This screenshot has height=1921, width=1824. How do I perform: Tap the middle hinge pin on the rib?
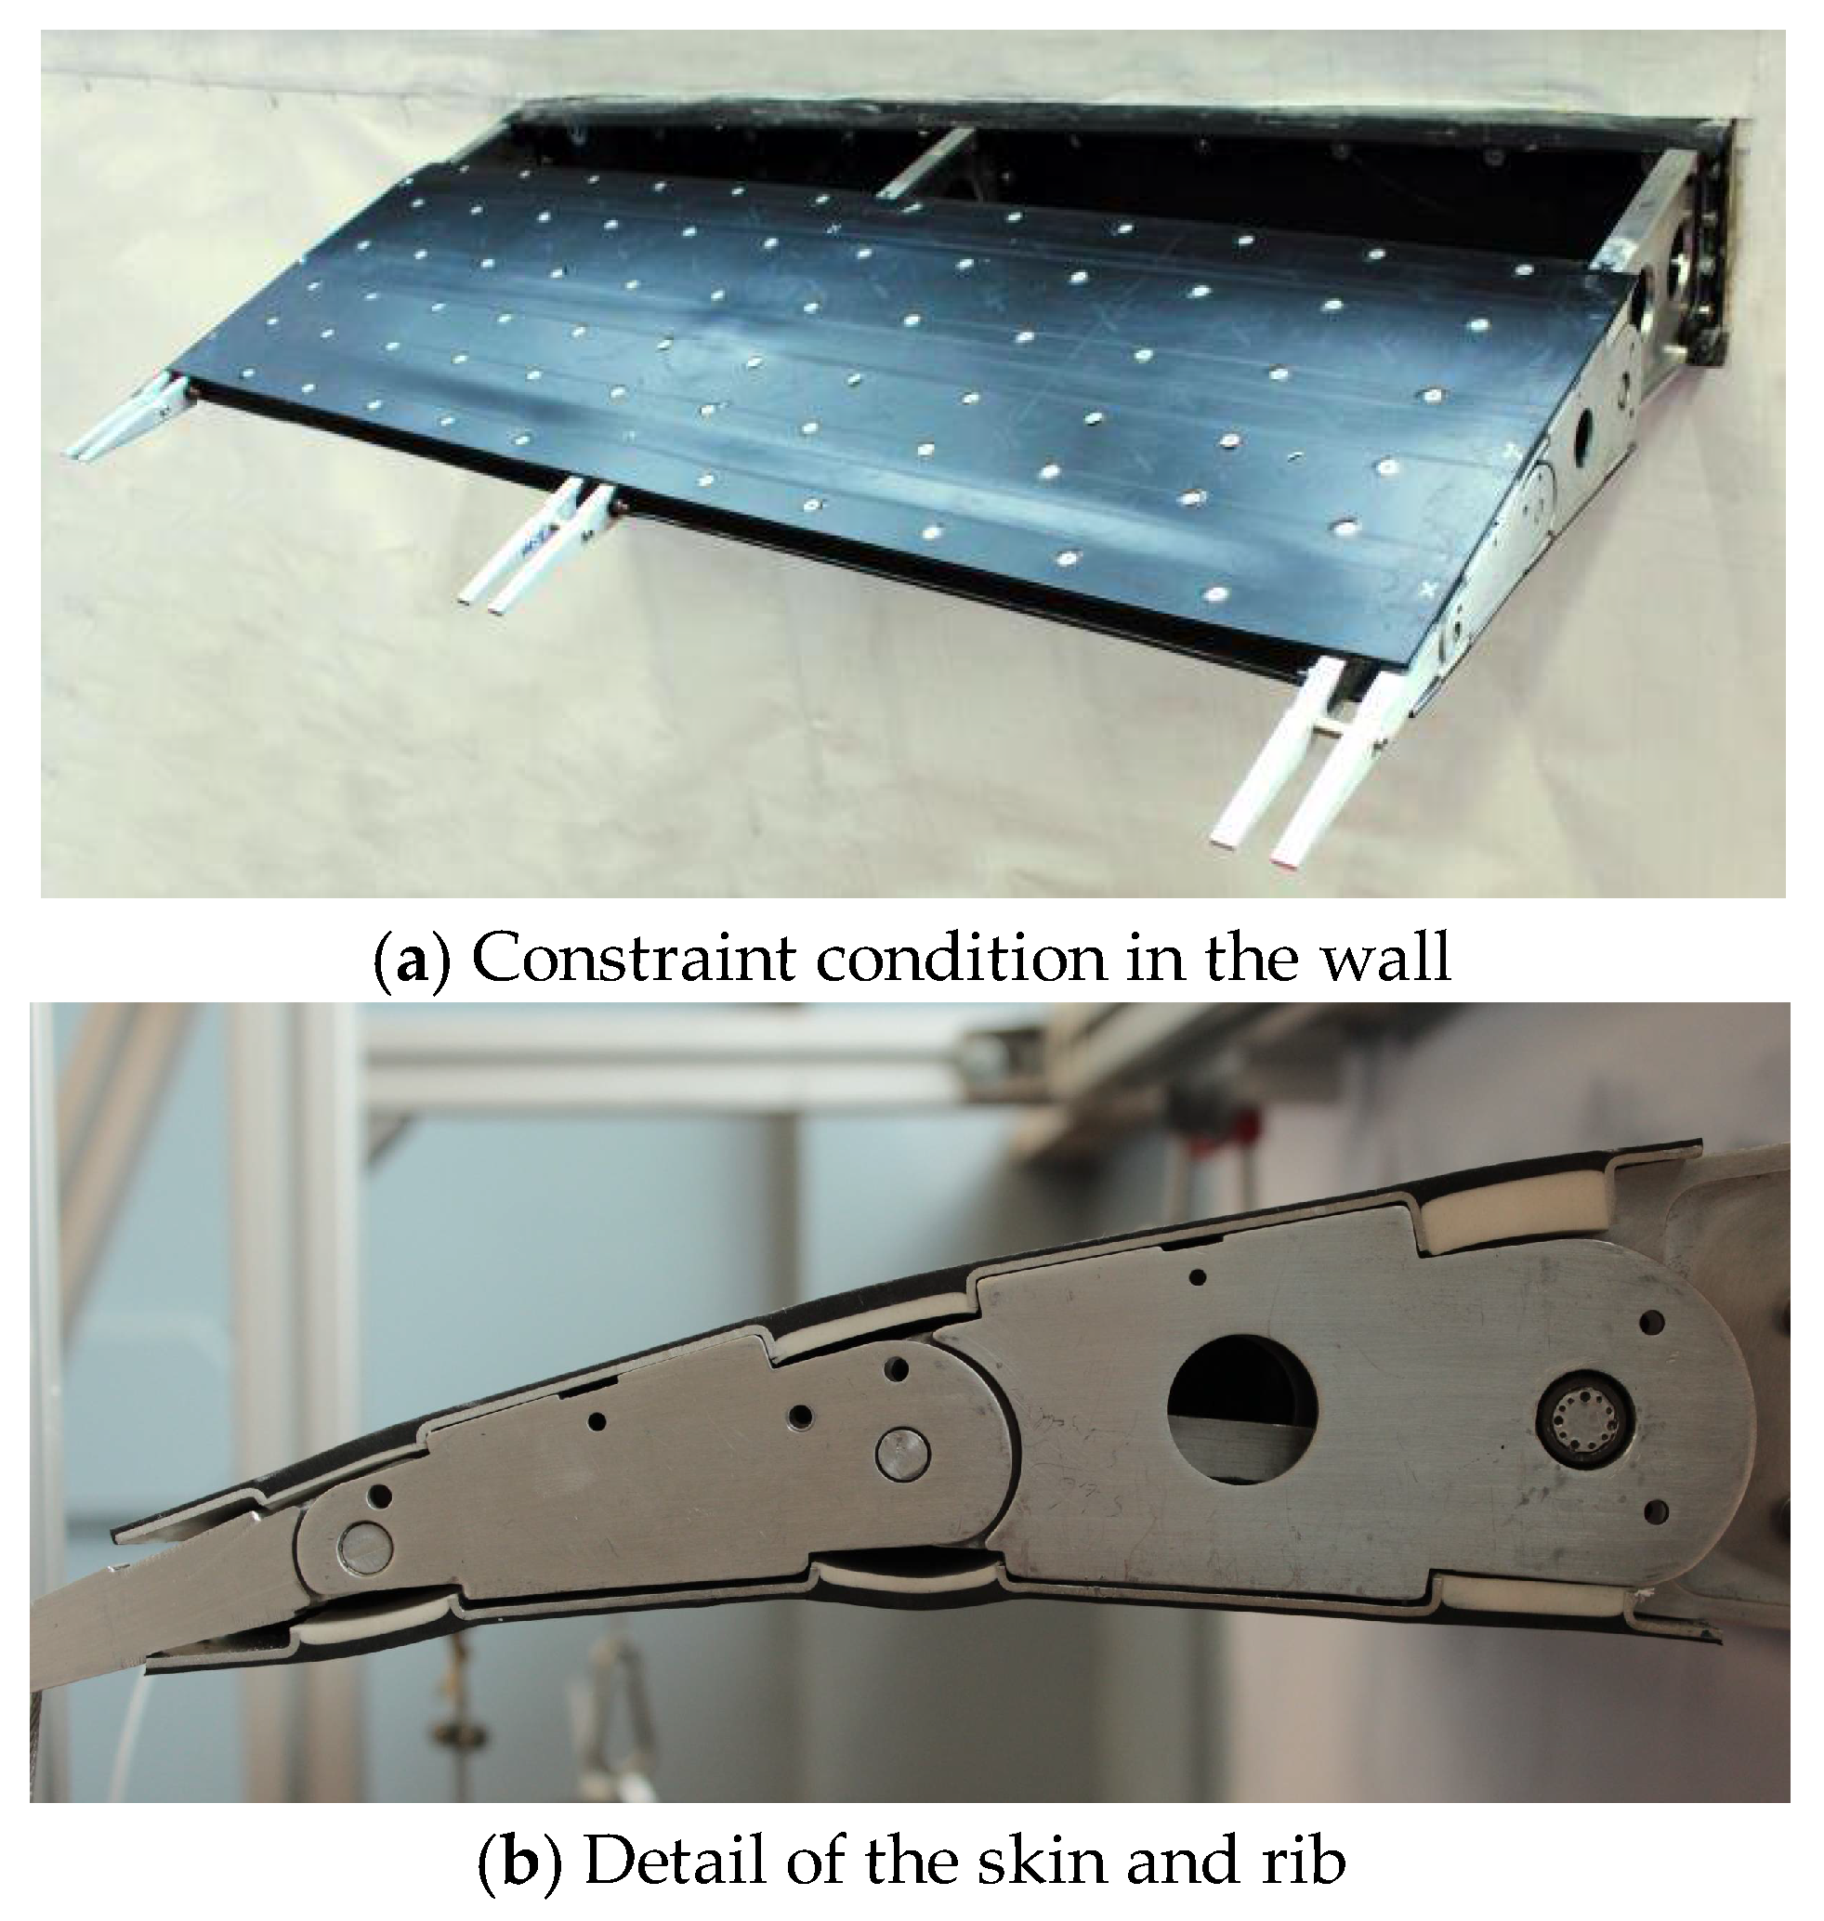coord(902,1456)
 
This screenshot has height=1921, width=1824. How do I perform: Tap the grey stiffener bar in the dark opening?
coord(926,163)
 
